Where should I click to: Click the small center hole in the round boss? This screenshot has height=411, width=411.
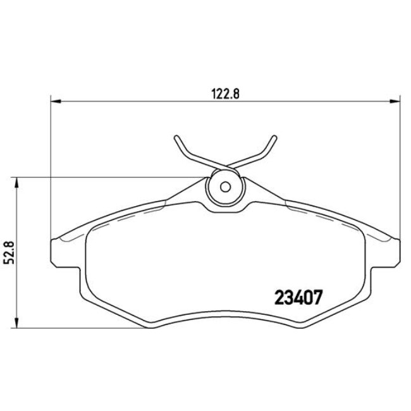tap(224, 187)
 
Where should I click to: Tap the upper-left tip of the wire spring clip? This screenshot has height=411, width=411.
tap(175, 137)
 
